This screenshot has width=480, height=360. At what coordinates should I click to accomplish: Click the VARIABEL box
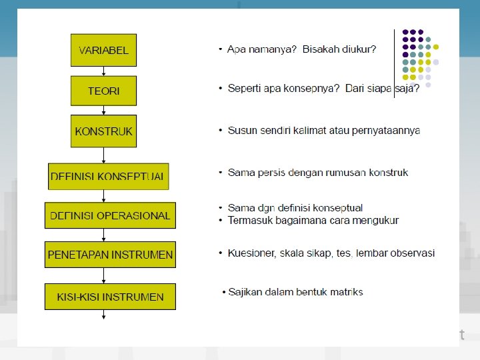103,50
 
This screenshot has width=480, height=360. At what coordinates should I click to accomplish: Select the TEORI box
103,91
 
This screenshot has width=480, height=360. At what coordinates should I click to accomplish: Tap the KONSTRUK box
103,131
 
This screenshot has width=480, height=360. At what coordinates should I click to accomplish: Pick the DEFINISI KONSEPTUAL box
108,176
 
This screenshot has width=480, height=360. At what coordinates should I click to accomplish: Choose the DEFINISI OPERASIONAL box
111,215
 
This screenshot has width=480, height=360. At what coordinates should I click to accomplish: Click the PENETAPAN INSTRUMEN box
111,254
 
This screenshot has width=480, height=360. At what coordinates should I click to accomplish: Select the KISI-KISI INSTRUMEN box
111,297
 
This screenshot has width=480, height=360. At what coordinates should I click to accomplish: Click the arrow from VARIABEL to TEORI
103,71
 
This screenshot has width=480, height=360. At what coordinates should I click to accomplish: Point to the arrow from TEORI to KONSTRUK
103,110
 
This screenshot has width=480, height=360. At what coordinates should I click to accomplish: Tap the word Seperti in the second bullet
245,89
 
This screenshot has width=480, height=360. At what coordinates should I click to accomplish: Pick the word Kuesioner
253,253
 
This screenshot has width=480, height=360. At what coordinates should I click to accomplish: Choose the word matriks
346,292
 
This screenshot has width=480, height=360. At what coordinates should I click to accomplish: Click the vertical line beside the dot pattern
395,63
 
